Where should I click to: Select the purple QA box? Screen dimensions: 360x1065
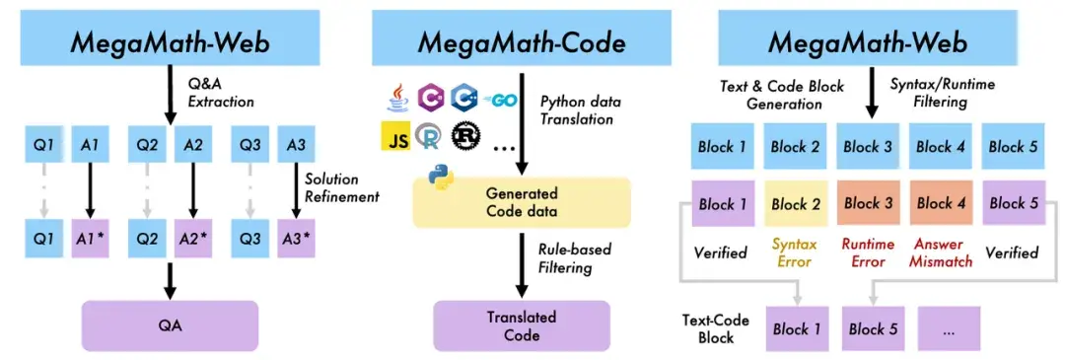point(169,323)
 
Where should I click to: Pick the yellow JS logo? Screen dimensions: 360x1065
point(395,137)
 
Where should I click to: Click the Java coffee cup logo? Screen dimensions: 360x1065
point(394,97)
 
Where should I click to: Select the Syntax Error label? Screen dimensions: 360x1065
point(793,252)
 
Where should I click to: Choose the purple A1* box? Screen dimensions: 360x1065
point(91,238)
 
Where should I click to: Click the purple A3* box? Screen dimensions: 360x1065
point(296,238)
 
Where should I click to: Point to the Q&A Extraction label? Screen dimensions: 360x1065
point(222,93)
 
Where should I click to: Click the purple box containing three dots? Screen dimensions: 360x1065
point(949,328)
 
